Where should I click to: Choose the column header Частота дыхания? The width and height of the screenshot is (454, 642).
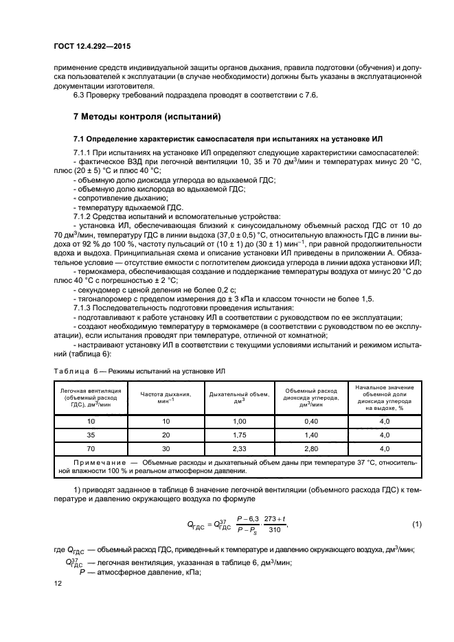[x=165, y=397]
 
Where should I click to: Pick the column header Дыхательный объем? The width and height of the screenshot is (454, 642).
[x=239, y=397]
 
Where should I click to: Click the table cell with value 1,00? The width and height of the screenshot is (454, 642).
[x=239, y=420]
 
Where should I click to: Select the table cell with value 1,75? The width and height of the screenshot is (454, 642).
[x=239, y=435]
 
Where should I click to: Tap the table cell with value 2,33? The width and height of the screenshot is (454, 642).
[x=239, y=448]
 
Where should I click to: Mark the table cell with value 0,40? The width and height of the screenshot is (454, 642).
[x=311, y=420]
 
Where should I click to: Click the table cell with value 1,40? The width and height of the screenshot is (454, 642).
[x=311, y=435]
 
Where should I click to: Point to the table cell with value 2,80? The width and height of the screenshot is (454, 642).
[x=311, y=448]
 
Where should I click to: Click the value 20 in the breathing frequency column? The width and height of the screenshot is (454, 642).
[x=165, y=435]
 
